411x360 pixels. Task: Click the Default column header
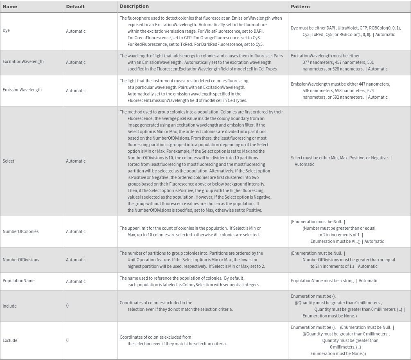click(75, 7)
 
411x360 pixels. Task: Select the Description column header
click(134, 6)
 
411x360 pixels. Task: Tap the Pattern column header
click(300, 7)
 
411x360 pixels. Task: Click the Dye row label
click(6, 30)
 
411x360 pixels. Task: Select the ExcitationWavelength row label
click(23, 61)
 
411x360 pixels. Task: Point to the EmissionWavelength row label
click(22, 90)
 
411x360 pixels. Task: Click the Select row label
click(8, 161)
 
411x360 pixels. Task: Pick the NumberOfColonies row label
click(20, 231)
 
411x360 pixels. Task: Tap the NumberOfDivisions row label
click(21, 260)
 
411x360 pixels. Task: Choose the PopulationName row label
click(18, 281)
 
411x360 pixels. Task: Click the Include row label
click(9, 306)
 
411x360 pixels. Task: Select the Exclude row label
click(10, 340)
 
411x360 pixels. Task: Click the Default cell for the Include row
click(68, 306)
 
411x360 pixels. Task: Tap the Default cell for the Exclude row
click(68, 340)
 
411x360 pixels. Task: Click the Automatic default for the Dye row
click(76, 31)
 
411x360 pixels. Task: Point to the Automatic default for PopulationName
click(76, 281)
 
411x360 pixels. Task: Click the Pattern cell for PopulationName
click(334, 281)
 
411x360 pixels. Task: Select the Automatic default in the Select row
click(76, 161)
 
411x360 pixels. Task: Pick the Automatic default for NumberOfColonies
click(76, 231)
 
